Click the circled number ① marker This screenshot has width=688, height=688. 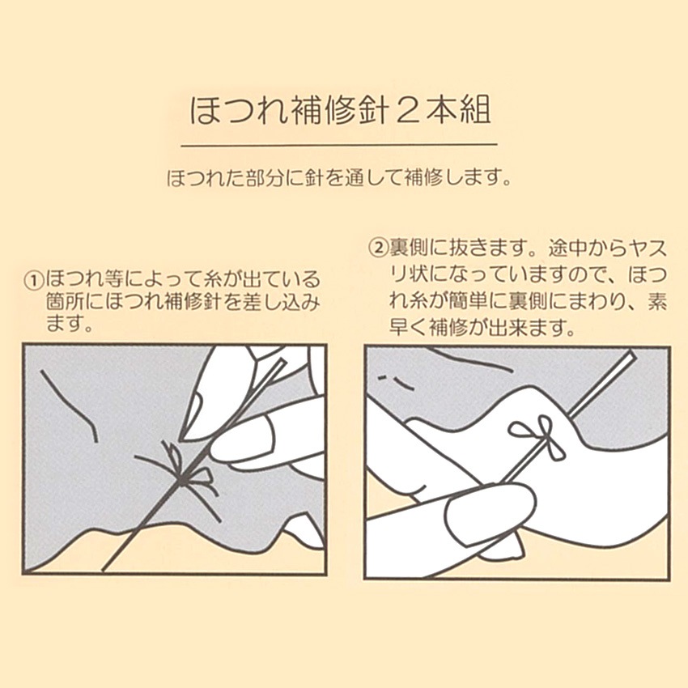click(35, 280)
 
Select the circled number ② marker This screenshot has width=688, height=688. click(377, 248)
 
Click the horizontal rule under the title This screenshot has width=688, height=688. click(338, 144)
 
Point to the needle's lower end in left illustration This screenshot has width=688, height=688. click(103, 570)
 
